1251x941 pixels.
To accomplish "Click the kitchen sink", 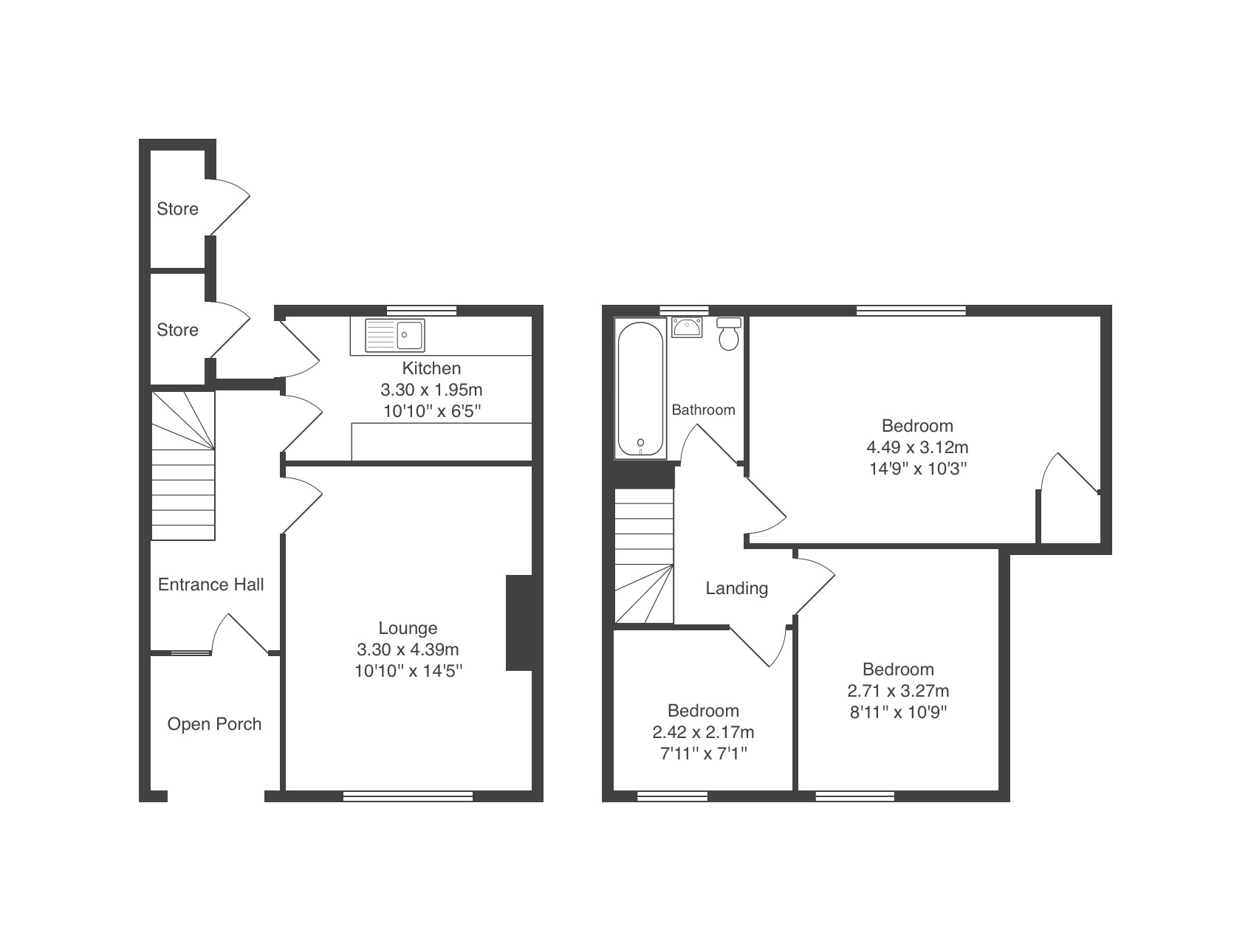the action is [395, 334].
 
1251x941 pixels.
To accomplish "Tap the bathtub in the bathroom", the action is [640, 388].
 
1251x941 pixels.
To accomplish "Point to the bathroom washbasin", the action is [687, 327].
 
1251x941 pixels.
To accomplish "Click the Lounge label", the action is [408, 628].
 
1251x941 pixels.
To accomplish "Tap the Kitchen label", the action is [431, 368].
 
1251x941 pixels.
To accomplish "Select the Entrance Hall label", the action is [211, 585].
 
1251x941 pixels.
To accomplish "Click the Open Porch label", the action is [214, 724].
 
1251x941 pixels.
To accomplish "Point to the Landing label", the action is [737, 588].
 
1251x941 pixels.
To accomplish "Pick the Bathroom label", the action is [703, 410].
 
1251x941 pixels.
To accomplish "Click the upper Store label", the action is [177, 209].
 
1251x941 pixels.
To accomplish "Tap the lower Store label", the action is [177, 330].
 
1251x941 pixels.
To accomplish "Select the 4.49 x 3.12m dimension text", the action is [917, 447].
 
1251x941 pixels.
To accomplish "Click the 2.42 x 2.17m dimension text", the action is [703, 732].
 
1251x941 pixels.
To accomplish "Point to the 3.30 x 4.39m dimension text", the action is [408, 649].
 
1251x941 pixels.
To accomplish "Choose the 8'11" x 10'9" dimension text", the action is [898, 712].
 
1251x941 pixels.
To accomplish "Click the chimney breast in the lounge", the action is [519, 623].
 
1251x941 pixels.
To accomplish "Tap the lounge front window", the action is [408, 796].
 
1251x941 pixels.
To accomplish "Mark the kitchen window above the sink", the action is [422, 310].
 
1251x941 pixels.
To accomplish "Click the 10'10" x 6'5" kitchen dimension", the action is [431, 410].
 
